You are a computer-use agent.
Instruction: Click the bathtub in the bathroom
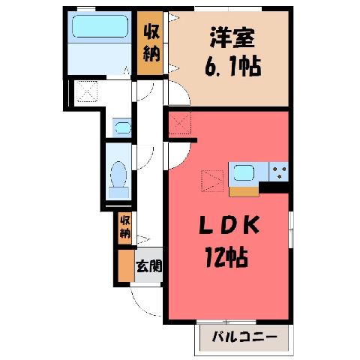100,26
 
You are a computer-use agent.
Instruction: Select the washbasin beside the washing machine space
123,127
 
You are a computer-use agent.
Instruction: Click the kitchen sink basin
244,173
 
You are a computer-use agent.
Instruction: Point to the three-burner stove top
279,172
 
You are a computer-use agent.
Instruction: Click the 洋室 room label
232,38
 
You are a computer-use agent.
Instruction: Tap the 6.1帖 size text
232,66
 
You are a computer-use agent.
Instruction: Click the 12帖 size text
226,256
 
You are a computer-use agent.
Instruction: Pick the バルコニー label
244,337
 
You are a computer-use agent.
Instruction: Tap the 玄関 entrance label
149,266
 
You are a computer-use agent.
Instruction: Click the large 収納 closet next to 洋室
150,43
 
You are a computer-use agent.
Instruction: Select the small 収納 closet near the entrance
124,228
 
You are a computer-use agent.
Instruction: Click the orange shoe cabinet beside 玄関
126,266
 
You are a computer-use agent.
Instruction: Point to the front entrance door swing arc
139,306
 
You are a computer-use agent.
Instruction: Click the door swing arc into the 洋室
185,90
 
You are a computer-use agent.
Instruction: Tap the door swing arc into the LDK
184,159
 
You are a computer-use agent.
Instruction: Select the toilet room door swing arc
148,162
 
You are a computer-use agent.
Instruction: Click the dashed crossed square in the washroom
87,91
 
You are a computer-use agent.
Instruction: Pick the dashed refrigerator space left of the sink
212,181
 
